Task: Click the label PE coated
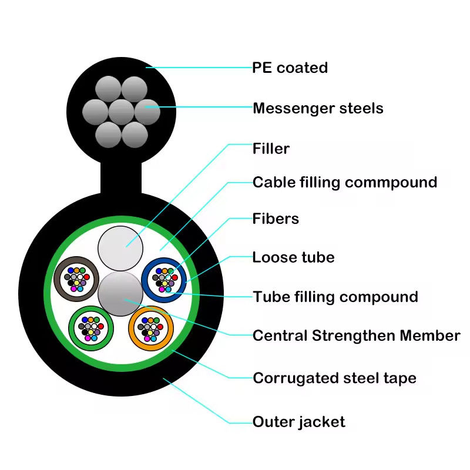click(x=290, y=68)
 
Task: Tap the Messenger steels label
click(x=318, y=108)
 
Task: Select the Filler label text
click(x=271, y=149)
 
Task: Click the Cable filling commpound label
click(x=345, y=182)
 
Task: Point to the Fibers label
click(x=276, y=219)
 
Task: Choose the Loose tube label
click(x=293, y=257)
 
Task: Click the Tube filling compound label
click(x=335, y=297)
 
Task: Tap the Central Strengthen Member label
click(x=356, y=335)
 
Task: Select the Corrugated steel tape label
click(x=334, y=378)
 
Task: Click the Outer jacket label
click(x=298, y=421)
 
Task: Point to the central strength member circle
click(x=121, y=292)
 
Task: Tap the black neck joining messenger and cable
click(x=122, y=176)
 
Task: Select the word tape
click(x=401, y=378)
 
